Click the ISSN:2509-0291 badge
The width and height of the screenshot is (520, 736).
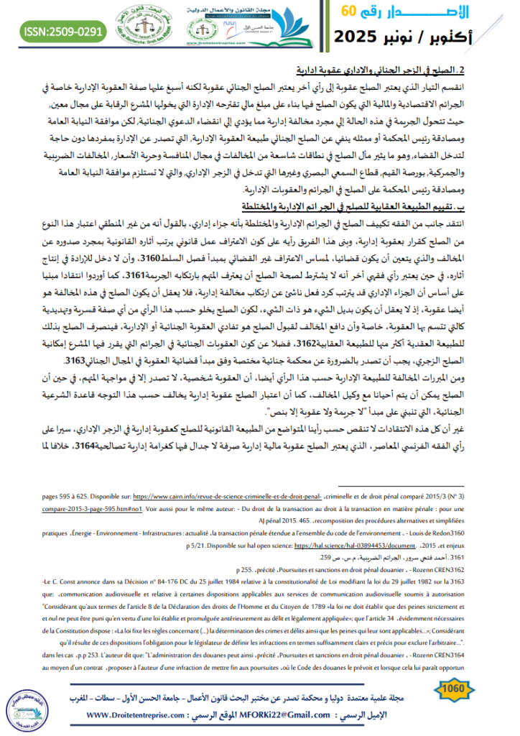click(x=54, y=32)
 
